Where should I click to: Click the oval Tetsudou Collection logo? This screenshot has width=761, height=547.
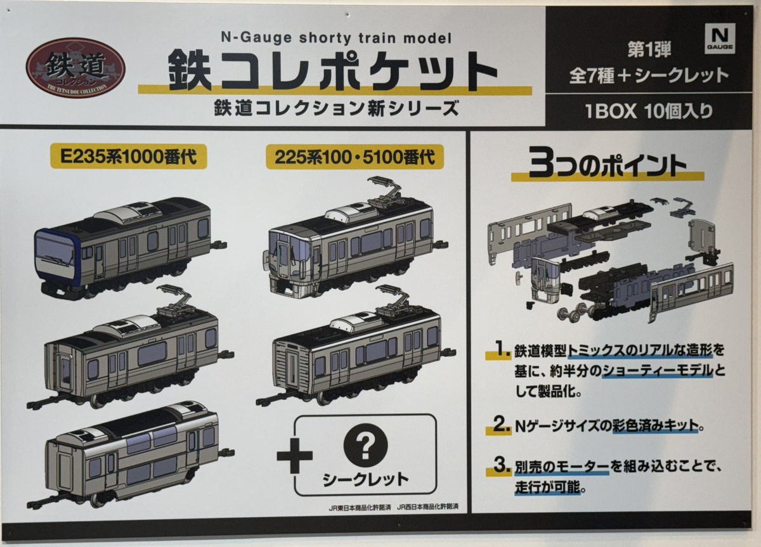(x=75, y=68)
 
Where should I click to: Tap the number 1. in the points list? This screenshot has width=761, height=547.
(x=502, y=349)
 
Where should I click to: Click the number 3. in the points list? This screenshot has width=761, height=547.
(x=502, y=469)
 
